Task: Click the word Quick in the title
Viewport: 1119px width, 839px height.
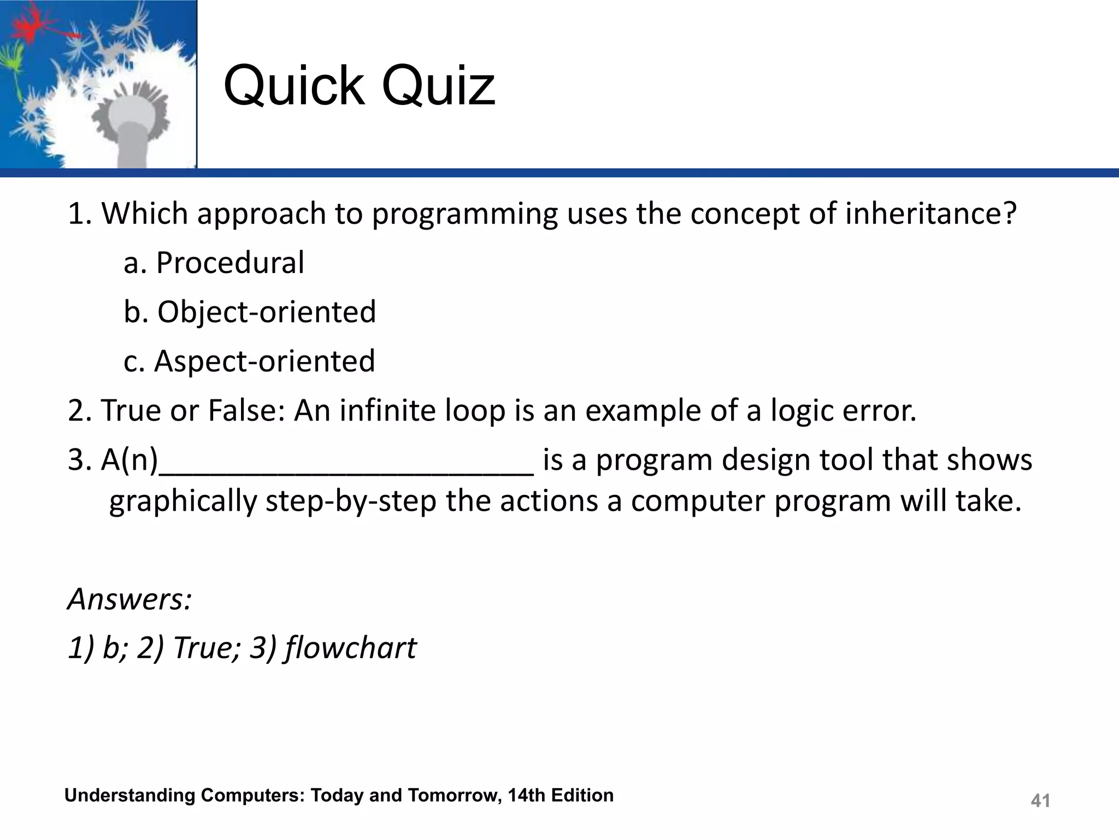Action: tap(294, 86)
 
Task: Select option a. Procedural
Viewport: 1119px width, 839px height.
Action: tap(214, 263)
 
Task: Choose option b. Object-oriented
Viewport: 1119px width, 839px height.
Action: tap(250, 312)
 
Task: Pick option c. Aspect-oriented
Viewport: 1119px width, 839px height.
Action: tap(249, 361)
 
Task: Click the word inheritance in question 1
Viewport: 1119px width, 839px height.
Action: tap(930, 214)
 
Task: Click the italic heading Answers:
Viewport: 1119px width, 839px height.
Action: tap(129, 599)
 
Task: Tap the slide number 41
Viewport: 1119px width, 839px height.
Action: tap(1040, 801)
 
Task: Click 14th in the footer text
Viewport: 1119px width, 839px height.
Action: tap(526, 795)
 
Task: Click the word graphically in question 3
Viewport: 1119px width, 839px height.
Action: tap(183, 501)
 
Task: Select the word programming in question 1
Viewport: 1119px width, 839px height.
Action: tap(464, 214)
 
